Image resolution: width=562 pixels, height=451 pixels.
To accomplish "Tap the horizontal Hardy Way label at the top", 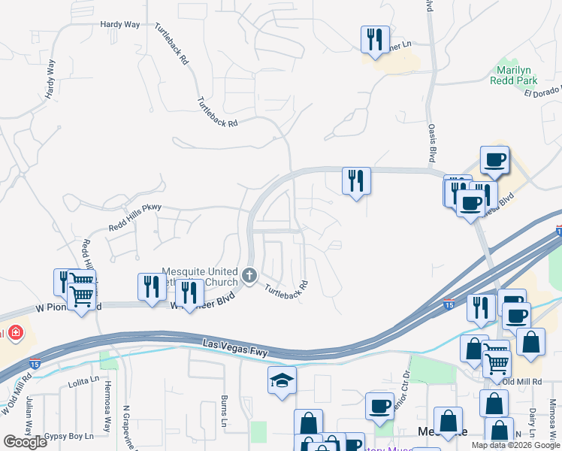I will [120, 25].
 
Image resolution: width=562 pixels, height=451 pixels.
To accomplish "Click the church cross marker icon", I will [249, 276].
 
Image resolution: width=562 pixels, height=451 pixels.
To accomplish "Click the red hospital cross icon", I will [14, 333].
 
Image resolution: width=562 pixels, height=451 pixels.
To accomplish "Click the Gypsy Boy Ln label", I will [68, 436].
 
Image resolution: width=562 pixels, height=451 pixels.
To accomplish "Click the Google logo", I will [25, 442].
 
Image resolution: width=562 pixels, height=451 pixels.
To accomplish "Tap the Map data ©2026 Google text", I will [515, 445].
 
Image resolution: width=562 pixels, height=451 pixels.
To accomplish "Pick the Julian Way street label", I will [29, 416].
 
